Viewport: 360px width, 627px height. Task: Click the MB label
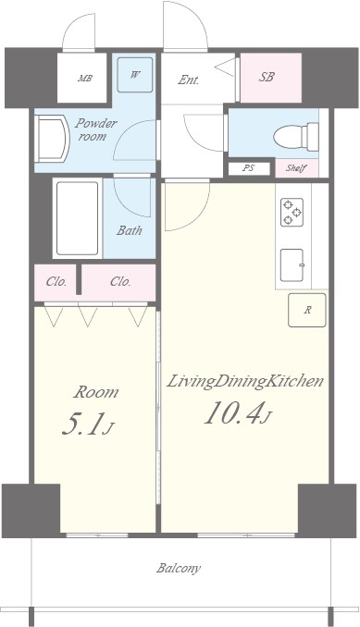click(x=85, y=79)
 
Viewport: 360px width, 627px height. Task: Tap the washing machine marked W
click(x=135, y=75)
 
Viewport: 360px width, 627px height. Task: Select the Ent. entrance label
click(x=189, y=80)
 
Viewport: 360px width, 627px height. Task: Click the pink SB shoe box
click(x=271, y=78)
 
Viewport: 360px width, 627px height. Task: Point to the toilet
click(x=296, y=137)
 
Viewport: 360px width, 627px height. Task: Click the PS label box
click(x=249, y=168)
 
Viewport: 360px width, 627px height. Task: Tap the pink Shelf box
click(x=297, y=168)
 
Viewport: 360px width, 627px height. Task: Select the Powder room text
click(x=95, y=129)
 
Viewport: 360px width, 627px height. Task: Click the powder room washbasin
click(x=52, y=139)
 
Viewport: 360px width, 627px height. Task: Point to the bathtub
click(x=77, y=218)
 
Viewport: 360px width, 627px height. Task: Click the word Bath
click(x=130, y=230)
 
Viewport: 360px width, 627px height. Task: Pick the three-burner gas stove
click(x=292, y=213)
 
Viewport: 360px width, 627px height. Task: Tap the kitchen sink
click(x=292, y=265)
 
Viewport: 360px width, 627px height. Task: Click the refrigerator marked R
click(x=307, y=311)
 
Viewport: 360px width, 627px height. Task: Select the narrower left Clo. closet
click(x=56, y=282)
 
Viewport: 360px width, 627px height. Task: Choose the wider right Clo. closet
click(x=118, y=282)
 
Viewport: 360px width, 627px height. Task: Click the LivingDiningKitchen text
click(x=244, y=382)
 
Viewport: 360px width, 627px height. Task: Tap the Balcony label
click(x=179, y=569)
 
